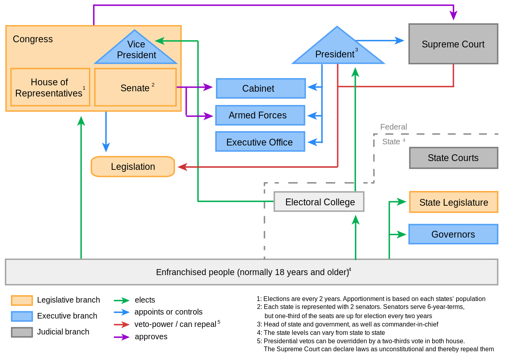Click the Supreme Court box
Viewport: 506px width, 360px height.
[453, 44]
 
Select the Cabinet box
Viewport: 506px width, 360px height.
[261, 88]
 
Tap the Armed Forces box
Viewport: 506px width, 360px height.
[260, 115]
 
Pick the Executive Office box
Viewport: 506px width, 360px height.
[260, 142]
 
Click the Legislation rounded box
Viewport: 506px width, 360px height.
[133, 167]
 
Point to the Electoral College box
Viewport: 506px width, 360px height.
[319, 202]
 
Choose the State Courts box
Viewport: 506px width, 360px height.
[453, 158]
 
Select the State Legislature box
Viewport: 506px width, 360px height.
[453, 202]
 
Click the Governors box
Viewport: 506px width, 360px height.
[453, 234]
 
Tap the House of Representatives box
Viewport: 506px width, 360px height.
[50, 87]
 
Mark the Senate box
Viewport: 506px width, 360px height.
[135, 87]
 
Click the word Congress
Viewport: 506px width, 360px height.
[33, 39]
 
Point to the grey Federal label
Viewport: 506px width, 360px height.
[393, 127]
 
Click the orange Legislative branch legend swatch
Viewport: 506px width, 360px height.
[22, 300]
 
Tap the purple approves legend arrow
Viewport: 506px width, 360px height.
[122, 337]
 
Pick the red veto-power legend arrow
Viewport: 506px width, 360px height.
[122, 325]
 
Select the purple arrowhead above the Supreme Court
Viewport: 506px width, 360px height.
[453, 16]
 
